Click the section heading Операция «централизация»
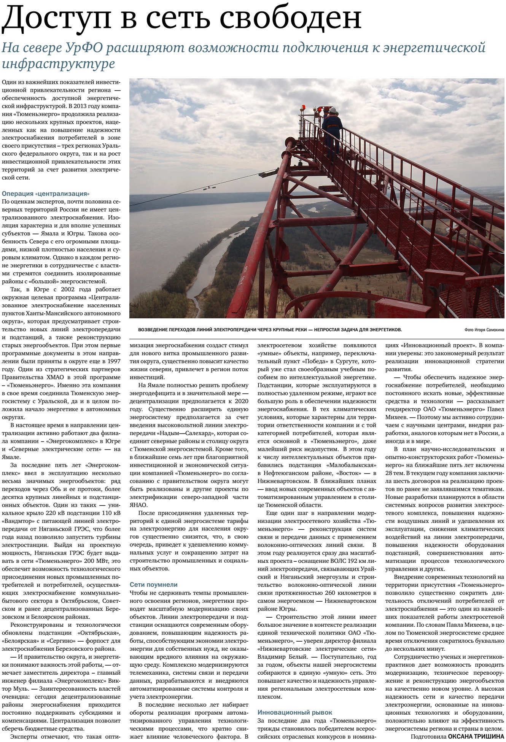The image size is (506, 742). click(46, 194)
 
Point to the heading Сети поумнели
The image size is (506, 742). click(154, 585)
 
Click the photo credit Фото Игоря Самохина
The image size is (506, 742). click(484, 330)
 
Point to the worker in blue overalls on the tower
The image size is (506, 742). click(332, 129)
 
